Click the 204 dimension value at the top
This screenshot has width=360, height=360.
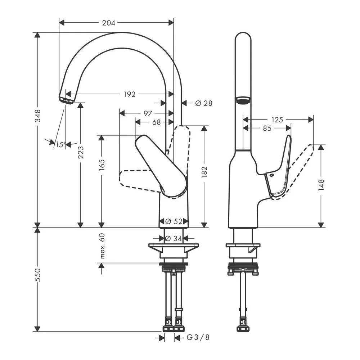tap(109, 23)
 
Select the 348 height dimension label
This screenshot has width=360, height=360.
tap(37, 116)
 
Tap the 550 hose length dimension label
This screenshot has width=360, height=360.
tap(37, 275)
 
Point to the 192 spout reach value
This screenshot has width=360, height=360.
tap(130, 94)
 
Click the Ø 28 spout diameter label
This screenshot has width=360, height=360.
tap(204, 103)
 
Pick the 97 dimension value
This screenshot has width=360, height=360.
tap(148, 113)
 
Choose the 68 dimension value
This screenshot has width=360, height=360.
tap(157, 122)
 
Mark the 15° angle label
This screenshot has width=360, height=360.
tap(60, 145)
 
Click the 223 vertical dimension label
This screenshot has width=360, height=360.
tap(81, 152)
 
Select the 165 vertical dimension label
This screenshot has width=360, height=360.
tap(102, 165)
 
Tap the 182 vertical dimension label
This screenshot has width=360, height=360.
tap(204, 172)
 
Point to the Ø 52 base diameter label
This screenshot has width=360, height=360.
tap(174, 221)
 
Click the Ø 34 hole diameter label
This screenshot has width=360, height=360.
tap(174, 239)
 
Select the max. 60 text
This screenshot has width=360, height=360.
tap(102, 246)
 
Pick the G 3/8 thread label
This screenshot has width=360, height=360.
tap(198, 337)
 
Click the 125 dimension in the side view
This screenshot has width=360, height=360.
tap(277, 120)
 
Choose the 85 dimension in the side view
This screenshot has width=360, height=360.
tap(267, 129)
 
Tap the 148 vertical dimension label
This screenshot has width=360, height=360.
tap(321, 185)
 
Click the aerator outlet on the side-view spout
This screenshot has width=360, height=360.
tap(243, 100)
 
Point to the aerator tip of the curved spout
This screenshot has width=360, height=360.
tap(66, 100)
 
